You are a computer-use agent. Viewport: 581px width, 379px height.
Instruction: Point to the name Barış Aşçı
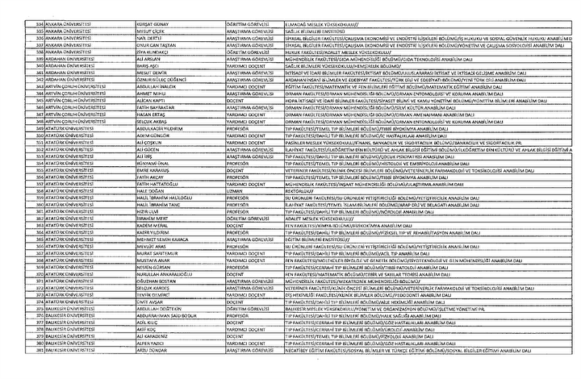click(x=144, y=65)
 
